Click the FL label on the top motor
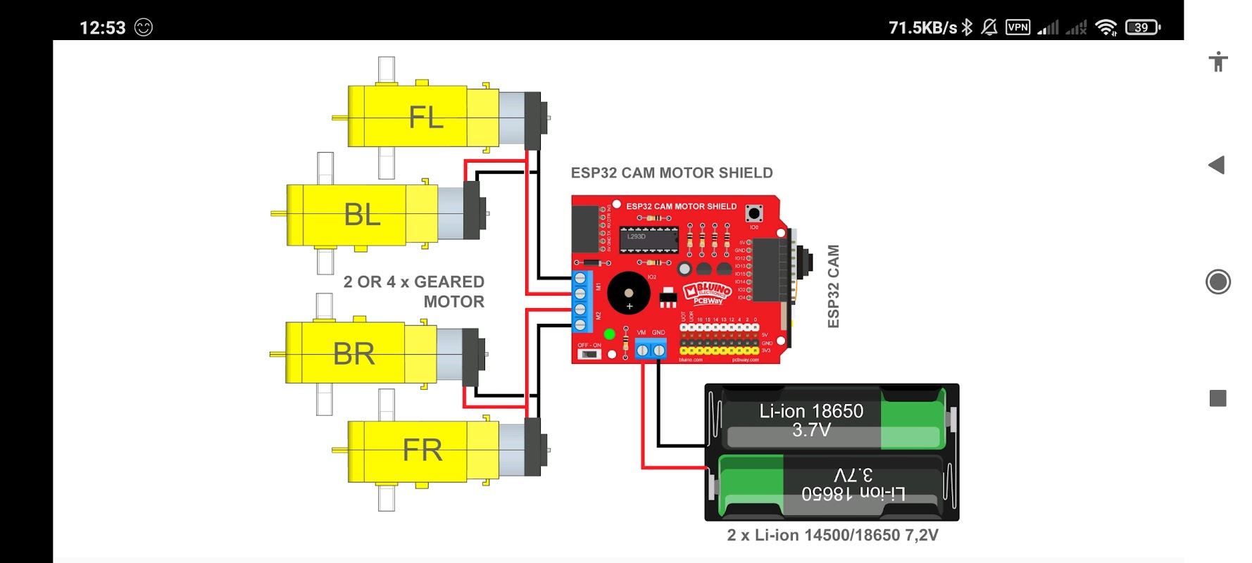(426, 118)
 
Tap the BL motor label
(362, 215)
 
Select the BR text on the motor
(353, 354)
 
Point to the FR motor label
(422, 450)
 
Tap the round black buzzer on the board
(628, 293)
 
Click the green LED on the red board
(609, 334)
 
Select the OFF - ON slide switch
(589, 354)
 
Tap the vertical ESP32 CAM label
(833, 286)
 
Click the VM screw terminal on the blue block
(642, 350)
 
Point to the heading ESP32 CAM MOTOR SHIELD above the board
(672, 173)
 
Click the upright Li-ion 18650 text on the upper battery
(811, 411)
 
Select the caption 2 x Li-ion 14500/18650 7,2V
(832, 536)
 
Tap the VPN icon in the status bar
(1018, 27)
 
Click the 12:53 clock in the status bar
(102, 28)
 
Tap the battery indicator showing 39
(1142, 27)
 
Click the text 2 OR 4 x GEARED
(413, 282)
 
